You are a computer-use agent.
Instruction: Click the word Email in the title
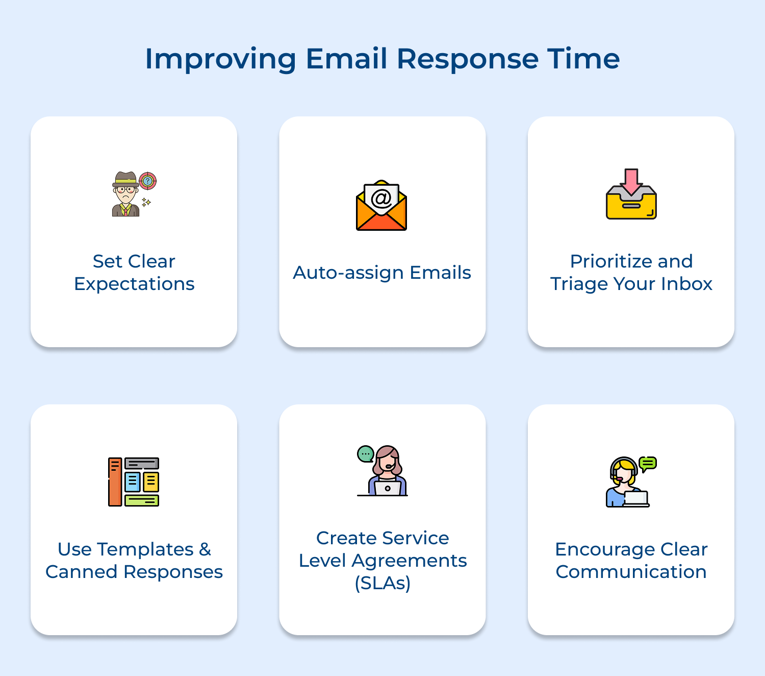tap(346, 59)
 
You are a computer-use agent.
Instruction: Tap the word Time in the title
tap(583, 59)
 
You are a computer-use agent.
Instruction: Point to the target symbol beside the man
tap(148, 180)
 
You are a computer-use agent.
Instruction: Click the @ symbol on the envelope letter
tap(381, 198)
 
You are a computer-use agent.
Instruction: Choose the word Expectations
tap(134, 284)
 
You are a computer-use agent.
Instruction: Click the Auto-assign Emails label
tap(382, 273)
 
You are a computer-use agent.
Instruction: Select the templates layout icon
tap(134, 481)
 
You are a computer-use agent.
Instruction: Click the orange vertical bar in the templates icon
tap(115, 481)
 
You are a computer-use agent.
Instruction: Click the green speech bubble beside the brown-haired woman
tap(366, 454)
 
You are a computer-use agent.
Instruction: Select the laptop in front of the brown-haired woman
tap(388, 488)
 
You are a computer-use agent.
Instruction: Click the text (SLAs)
tap(382, 583)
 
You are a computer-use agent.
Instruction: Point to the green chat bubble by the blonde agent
tap(648, 464)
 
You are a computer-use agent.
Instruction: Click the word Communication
tap(631, 572)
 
